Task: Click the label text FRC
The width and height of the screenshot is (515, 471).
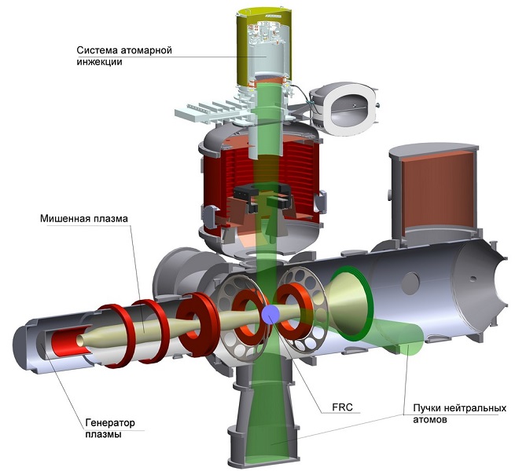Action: (342, 407)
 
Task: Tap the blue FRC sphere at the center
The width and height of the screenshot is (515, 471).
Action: (270, 314)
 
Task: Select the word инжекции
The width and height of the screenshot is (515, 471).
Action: (100, 62)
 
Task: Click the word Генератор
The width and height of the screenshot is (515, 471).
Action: (110, 422)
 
